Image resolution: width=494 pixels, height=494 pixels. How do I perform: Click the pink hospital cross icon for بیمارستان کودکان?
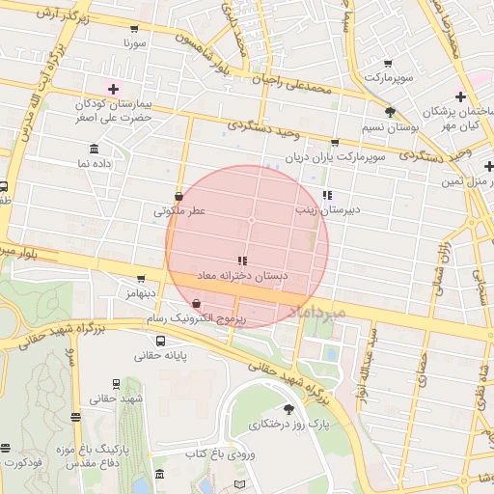113,88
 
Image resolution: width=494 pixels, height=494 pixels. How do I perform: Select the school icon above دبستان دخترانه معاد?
242,261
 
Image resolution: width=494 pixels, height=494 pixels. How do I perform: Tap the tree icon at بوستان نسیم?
390,112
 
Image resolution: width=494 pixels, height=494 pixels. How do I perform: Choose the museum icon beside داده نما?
94,149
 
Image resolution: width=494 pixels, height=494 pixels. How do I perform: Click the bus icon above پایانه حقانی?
159,340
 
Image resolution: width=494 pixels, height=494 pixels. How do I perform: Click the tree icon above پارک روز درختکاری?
288,412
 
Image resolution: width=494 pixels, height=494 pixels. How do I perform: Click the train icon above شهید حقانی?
116,384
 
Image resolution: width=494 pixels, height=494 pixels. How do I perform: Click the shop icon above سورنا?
133,29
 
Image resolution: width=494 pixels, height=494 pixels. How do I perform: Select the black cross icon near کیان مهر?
460,96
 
